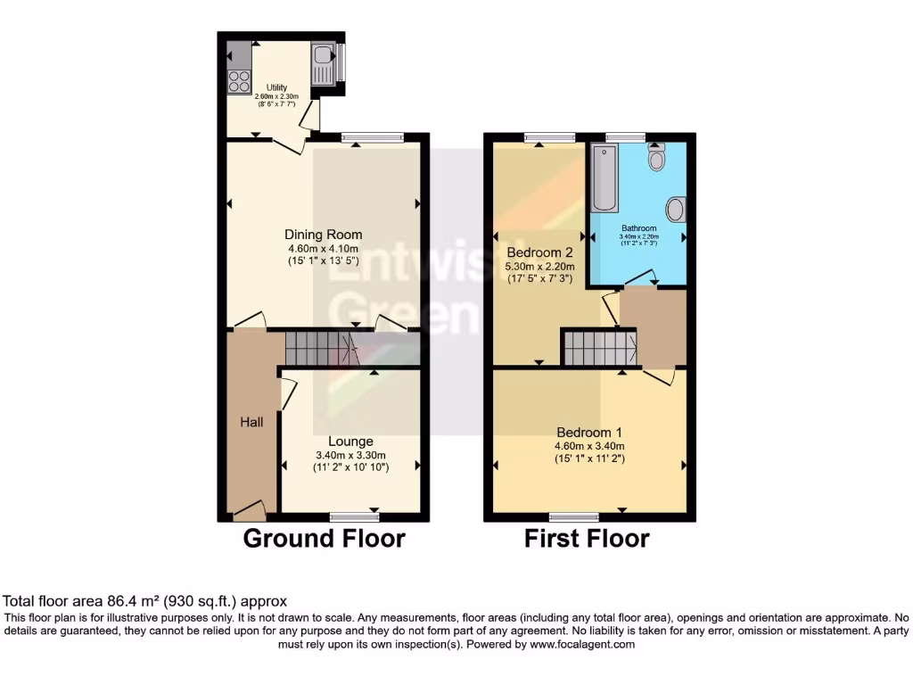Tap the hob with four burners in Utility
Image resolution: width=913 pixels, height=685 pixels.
(x=239, y=81)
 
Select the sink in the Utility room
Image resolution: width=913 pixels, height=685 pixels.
(x=321, y=63)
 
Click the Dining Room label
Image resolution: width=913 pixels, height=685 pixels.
(x=322, y=234)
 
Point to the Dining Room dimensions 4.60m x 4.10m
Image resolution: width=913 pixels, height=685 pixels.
(x=322, y=249)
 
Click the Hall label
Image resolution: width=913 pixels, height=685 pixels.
(x=251, y=421)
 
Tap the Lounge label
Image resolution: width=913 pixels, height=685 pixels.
(x=350, y=441)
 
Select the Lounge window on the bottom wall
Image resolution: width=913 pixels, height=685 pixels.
(x=354, y=516)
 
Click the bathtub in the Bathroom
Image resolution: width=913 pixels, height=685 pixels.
(x=605, y=178)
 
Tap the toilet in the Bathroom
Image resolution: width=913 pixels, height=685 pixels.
(x=657, y=159)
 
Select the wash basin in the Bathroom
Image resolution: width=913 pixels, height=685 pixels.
(x=676, y=210)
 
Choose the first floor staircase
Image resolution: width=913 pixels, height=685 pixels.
(x=599, y=348)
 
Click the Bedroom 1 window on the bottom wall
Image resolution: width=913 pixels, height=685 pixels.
(x=574, y=516)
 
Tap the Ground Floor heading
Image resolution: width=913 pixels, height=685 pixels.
(x=324, y=539)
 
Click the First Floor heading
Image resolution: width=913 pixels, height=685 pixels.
(x=587, y=539)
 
